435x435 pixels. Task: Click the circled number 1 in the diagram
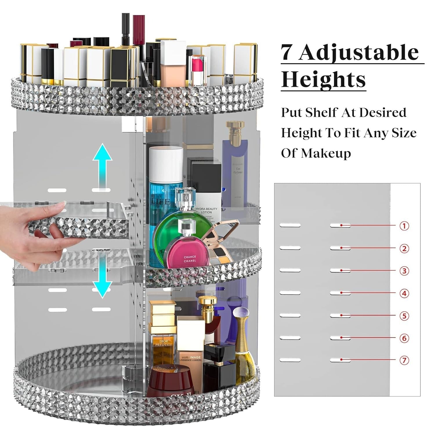coord(404,226)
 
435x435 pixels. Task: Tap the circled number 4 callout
coord(404,293)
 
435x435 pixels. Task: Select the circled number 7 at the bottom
coord(404,360)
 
